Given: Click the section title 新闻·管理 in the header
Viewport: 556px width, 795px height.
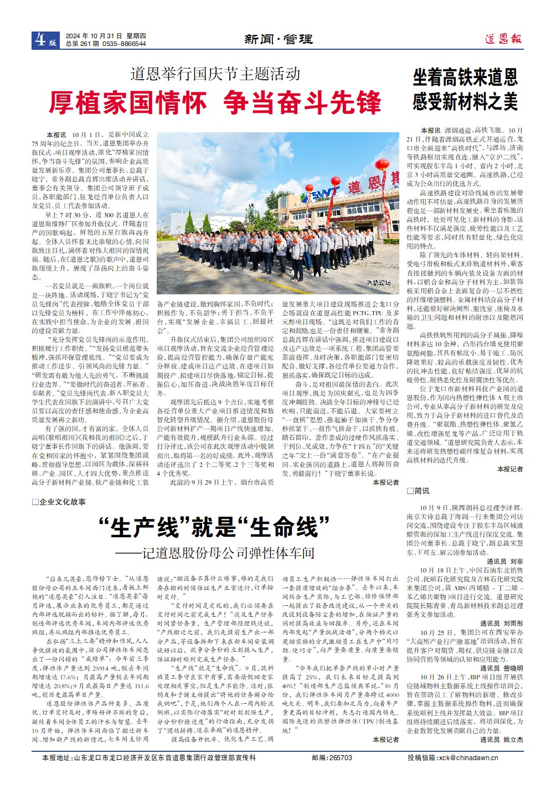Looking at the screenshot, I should coord(279,39).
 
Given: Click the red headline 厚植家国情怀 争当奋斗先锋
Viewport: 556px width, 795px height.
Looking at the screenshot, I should coord(215,102).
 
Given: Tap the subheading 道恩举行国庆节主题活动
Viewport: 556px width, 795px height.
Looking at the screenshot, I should coord(215,74).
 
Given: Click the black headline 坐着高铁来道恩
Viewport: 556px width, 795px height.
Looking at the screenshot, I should coord(465,77).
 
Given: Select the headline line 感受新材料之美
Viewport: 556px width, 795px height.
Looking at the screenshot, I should coord(465,102).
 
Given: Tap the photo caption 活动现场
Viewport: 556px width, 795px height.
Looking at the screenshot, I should coord(378,283).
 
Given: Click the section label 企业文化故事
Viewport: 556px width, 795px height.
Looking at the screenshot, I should coord(62,502).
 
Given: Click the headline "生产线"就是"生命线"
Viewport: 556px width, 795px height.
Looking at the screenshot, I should coord(214,527).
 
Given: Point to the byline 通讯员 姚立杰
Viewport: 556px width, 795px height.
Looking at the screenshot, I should coord(501,740).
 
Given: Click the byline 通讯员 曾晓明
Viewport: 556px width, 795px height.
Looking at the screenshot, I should coord(501,668).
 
